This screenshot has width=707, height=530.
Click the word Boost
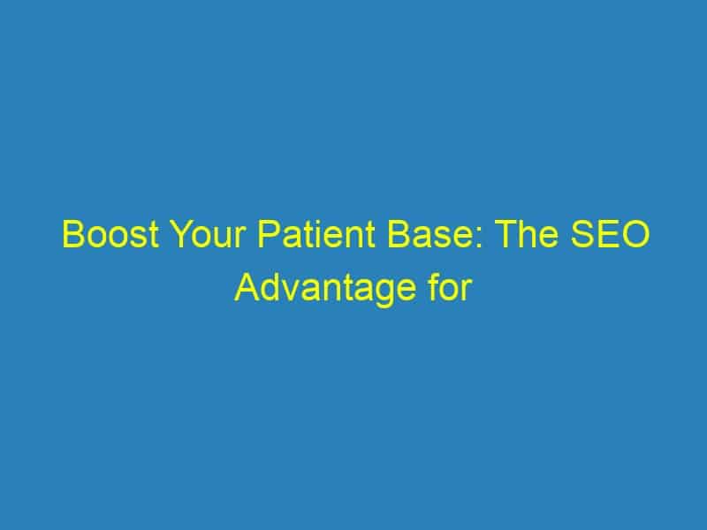tap(111, 234)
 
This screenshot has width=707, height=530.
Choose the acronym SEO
tap(611, 234)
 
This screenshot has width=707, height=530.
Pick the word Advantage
tap(325, 288)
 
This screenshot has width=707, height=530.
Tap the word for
tap(450, 288)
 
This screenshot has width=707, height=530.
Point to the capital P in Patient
tap(269, 234)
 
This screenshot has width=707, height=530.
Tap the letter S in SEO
tap(582, 234)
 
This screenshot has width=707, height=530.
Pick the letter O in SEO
tap(636, 234)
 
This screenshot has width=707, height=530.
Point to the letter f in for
tap(433, 287)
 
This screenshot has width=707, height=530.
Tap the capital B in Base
tap(399, 234)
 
